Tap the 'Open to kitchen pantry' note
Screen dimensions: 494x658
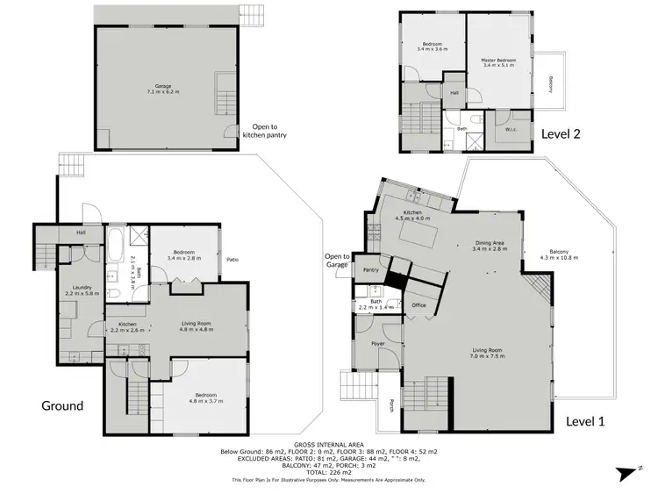(264, 131)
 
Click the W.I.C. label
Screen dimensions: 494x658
(511, 129)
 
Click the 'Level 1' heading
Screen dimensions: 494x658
(585, 421)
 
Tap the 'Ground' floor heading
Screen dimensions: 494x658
(62, 405)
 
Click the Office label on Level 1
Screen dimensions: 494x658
(418, 304)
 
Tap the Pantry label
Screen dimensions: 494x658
(371, 270)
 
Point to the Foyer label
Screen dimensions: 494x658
(378, 343)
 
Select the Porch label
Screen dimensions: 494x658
(391, 406)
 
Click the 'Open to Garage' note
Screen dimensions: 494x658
(337, 261)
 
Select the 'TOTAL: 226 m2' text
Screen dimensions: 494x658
(328, 474)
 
